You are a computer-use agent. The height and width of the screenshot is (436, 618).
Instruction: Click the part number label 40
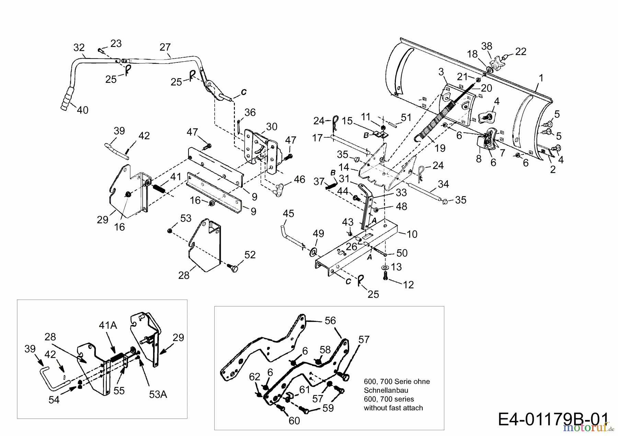coord(82,110)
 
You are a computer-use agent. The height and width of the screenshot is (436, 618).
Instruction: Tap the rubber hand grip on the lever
coord(67,99)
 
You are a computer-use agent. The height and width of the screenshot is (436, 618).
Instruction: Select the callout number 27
coord(165,47)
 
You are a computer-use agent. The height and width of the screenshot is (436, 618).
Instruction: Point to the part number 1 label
coord(541,78)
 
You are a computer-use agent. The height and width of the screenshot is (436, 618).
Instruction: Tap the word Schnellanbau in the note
coord(386,390)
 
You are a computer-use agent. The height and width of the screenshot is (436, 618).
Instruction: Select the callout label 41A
coord(108,325)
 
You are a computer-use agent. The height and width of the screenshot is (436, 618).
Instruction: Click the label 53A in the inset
coord(158,395)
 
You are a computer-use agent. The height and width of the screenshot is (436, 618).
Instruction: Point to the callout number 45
coord(288,214)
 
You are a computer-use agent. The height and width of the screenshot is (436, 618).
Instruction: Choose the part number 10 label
coord(412,234)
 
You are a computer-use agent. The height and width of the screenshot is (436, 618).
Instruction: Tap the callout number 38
coord(487,46)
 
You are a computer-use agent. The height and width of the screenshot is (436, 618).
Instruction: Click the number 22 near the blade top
coord(521,51)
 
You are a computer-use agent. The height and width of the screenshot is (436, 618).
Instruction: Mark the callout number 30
coord(272,127)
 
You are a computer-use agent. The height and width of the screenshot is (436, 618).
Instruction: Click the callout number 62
coord(255,377)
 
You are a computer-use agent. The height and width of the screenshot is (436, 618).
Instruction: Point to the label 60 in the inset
coord(294,421)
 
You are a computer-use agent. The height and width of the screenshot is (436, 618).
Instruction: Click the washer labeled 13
coord(385,267)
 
